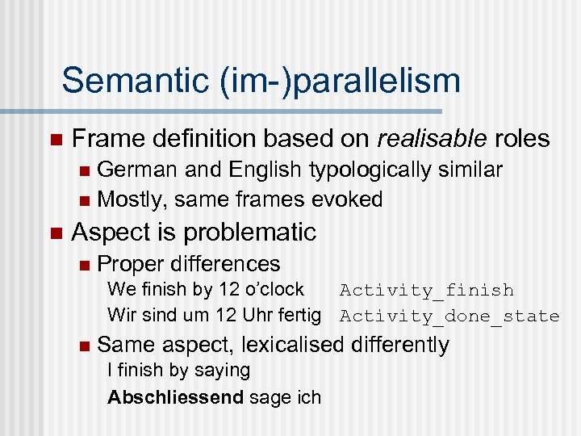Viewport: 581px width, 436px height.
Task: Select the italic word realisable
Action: pos(433,139)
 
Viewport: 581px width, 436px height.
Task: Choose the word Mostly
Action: pos(131,199)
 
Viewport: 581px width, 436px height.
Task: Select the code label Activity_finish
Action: pos(426,290)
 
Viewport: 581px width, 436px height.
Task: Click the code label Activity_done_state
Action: pos(449,316)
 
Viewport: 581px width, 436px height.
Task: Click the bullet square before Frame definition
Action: pos(55,140)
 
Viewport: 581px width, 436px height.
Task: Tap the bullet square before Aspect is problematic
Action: pos(55,233)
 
